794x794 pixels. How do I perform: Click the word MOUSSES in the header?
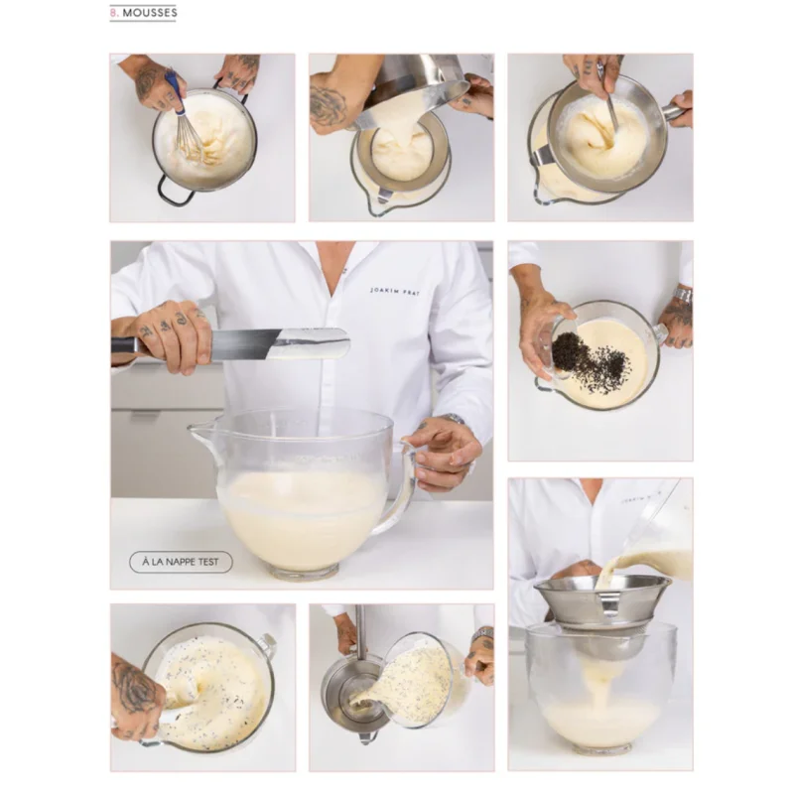pos(150,13)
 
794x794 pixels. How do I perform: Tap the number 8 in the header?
pos(113,13)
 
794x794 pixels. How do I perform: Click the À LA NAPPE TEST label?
pos(181,562)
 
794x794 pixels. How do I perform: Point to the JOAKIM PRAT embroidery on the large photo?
pos(395,291)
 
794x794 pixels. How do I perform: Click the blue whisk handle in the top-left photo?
pos(175,92)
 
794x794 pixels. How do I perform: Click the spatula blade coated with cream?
pos(308,343)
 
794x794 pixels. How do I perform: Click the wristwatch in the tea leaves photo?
pos(684,295)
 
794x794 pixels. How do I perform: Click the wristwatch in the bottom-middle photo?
pos(483,635)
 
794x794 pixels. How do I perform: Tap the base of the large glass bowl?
pos(304,572)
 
